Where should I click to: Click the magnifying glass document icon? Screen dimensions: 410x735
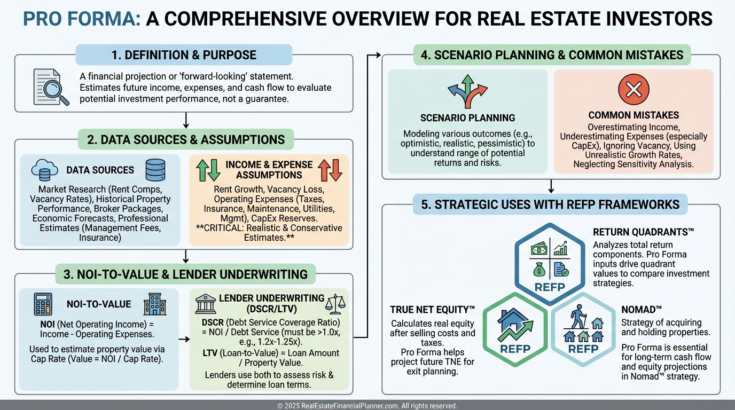tap(51, 86)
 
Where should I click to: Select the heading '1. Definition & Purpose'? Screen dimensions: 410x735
tap(184, 55)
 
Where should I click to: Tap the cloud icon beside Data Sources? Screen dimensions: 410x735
tap(45, 170)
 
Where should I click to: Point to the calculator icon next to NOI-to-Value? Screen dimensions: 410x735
tap(43, 303)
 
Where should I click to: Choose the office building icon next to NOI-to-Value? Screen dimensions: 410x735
tap(155, 303)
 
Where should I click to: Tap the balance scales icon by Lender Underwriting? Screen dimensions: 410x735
tap(335, 302)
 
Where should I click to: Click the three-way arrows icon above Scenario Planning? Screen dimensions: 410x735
tap(467, 91)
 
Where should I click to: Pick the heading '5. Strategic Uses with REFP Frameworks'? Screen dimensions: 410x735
tap(550, 204)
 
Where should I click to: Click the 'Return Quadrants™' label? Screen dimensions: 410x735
tap(643, 232)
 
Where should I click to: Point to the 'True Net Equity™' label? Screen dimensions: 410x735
tap(433, 309)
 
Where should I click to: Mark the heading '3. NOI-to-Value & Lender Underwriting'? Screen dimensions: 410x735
tap(185, 274)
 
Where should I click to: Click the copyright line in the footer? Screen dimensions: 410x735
tap(367, 406)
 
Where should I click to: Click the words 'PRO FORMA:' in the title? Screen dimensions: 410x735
tap(82, 19)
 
